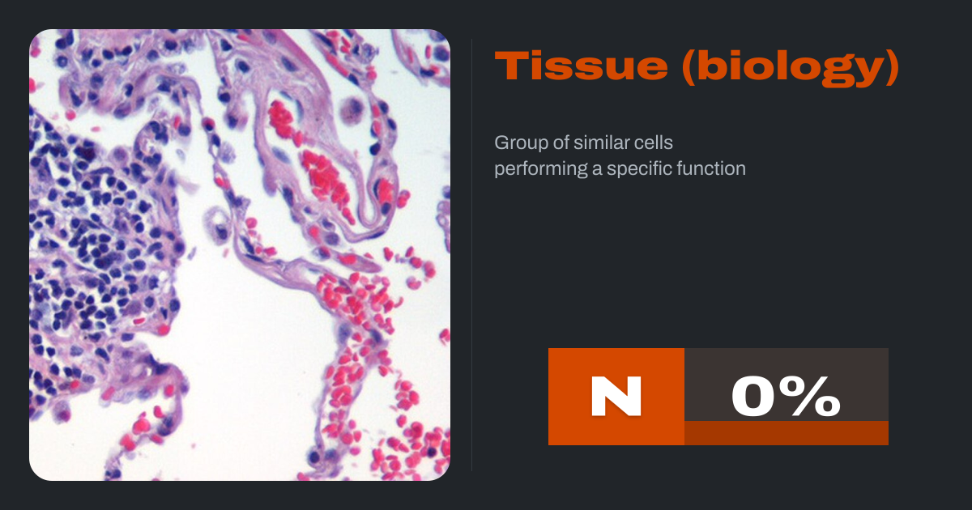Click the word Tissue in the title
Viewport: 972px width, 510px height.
click(x=581, y=66)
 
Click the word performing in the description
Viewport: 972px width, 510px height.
click(x=541, y=169)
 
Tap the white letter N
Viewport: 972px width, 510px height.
click(x=616, y=397)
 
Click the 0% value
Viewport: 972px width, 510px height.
click(x=787, y=397)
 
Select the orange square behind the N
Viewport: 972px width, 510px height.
click(x=616, y=397)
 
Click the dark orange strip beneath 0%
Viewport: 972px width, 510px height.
click(x=787, y=433)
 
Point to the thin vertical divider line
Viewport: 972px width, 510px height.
click(x=471, y=255)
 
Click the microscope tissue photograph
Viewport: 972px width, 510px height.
click(x=240, y=255)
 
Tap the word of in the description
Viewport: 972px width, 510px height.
click(x=561, y=142)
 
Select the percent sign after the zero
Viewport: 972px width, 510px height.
click(x=812, y=397)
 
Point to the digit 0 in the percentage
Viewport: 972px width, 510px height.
click(x=757, y=397)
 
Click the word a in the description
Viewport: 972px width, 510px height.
click(x=597, y=170)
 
